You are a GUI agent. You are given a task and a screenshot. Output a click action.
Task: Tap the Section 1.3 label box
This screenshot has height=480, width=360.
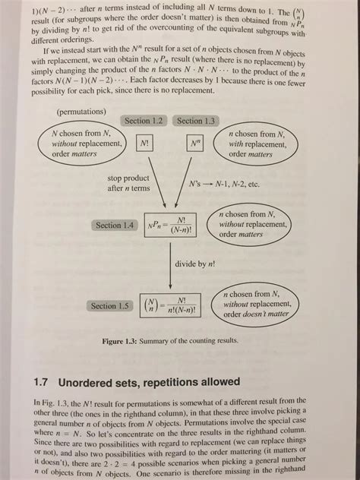coord(196,121)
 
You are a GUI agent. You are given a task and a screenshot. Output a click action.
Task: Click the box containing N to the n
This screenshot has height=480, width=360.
coord(194,142)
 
